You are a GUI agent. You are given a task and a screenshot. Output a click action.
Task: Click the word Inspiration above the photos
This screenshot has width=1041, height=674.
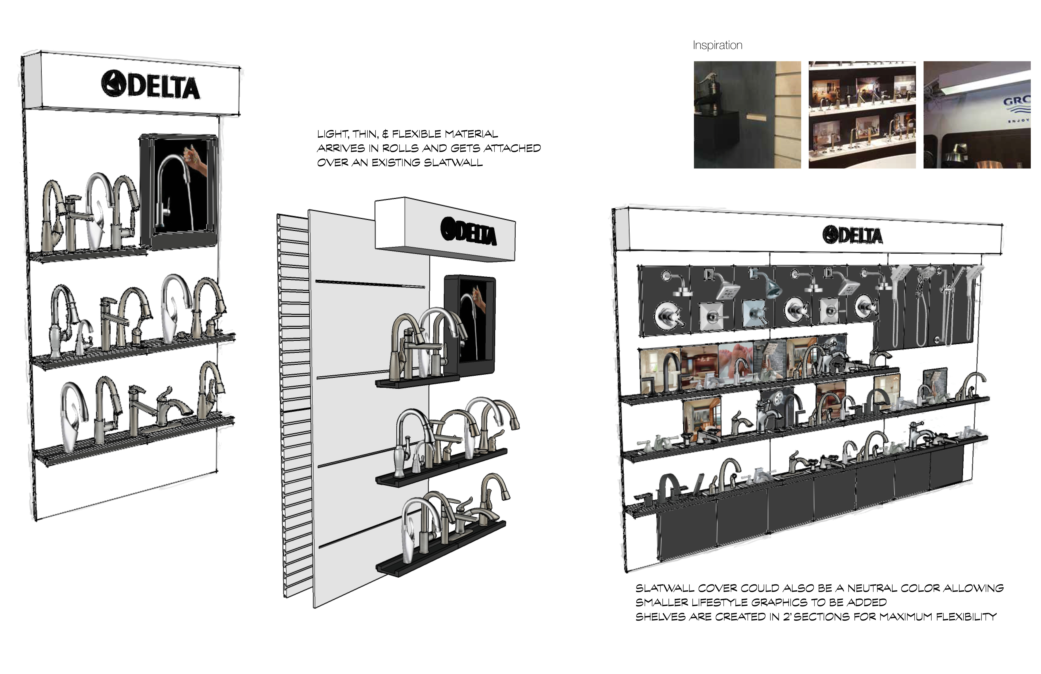click(x=717, y=45)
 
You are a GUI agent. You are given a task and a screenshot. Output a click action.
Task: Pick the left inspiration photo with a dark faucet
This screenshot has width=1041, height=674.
click(x=747, y=115)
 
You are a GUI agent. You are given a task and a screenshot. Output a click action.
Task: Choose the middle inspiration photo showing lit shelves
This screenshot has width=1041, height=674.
click(x=862, y=115)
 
